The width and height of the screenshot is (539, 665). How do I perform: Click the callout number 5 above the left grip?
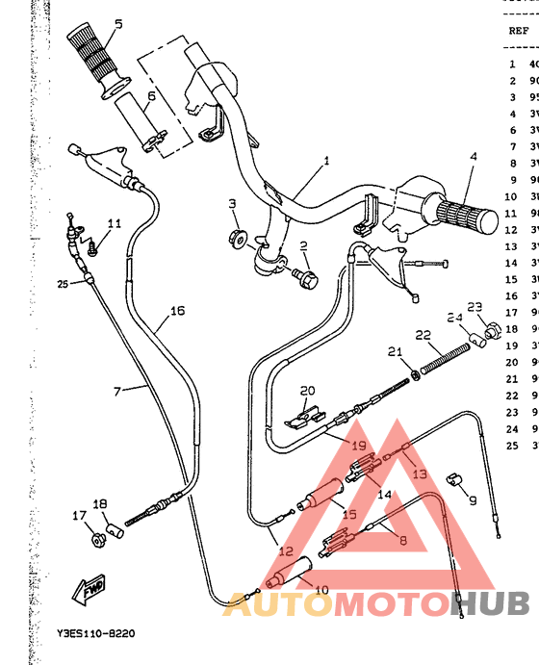point(118,24)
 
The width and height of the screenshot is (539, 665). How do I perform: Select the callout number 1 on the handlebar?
point(325,161)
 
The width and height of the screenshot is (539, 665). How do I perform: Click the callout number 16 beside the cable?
point(177,311)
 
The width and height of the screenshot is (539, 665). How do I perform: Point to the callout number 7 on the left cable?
point(117,391)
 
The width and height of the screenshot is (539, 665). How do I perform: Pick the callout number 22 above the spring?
point(423,335)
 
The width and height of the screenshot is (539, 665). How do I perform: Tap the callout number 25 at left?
point(63,284)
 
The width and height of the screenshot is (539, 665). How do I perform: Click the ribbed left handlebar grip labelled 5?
point(94,57)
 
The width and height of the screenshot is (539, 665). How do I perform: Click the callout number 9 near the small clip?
point(472,500)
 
